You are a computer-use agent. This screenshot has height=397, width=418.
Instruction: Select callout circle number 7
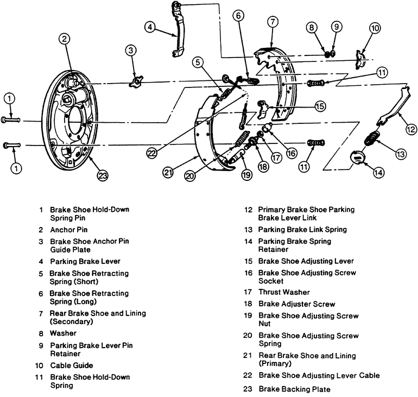pyautogui.click(x=273, y=22)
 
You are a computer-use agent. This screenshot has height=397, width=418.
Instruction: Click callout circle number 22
pyautogui.click(x=152, y=153)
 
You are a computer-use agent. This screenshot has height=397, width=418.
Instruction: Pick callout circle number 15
pyautogui.click(x=320, y=106)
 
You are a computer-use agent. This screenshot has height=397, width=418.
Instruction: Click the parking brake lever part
pyautogui.click(x=177, y=33)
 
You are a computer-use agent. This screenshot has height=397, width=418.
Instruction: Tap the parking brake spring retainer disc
pyautogui.click(x=357, y=156)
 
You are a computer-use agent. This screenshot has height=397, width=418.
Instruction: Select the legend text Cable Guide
pyautogui.click(x=71, y=366)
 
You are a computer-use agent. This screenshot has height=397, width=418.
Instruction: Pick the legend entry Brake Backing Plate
pyautogui.click(x=294, y=389)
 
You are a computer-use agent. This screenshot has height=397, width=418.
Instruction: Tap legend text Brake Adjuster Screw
pyautogui.click(x=296, y=304)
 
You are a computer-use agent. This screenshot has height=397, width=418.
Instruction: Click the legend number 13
pyautogui.click(x=248, y=229)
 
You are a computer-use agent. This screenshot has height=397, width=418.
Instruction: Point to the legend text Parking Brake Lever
pyautogui.click(x=85, y=261)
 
